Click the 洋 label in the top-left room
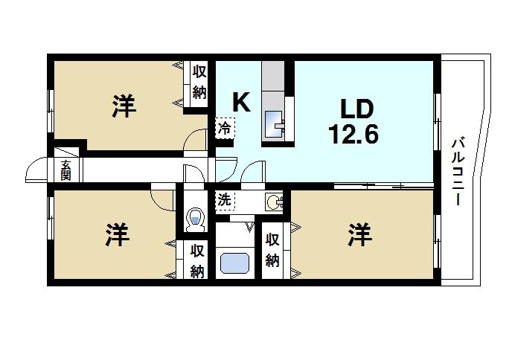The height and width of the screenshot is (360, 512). click(x=124, y=107)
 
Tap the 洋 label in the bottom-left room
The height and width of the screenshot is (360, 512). click(x=117, y=236)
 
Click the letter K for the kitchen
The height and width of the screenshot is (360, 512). click(x=240, y=103)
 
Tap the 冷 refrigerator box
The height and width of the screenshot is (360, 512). click(x=224, y=128)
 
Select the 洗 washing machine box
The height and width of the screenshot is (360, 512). click(x=224, y=200)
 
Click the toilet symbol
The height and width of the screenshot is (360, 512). click(x=195, y=217)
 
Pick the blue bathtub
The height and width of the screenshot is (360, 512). click(x=237, y=263)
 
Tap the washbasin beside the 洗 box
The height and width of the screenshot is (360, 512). click(x=275, y=201)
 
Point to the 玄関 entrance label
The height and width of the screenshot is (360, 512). click(x=65, y=170)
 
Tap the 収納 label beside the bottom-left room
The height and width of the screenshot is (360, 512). click(x=196, y=261)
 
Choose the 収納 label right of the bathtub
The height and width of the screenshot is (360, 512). click(x=272, y=251)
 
